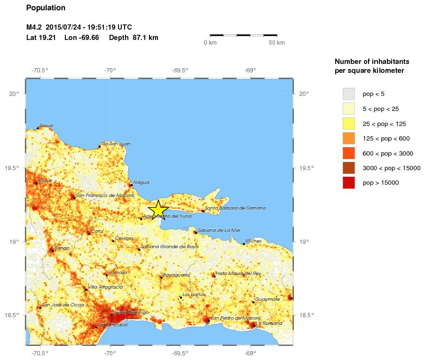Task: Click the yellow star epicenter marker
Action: pos(158,210)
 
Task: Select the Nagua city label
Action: pos(141,182)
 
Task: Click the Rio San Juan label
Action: pos(116,143)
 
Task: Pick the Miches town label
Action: pos(253,241)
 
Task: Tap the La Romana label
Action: pos(269,323)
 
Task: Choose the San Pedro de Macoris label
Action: pos(235,318)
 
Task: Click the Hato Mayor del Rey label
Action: pos(238,273)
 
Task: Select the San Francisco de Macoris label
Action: pos(105,195)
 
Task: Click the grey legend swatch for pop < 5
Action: pos(348,94)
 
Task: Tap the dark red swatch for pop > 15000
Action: pos(348,182)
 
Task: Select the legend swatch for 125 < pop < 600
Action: pos(348,138)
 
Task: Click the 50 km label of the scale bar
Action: pos(277,43)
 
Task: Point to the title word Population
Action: pos(46,8)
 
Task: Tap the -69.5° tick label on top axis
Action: pos(180,70)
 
